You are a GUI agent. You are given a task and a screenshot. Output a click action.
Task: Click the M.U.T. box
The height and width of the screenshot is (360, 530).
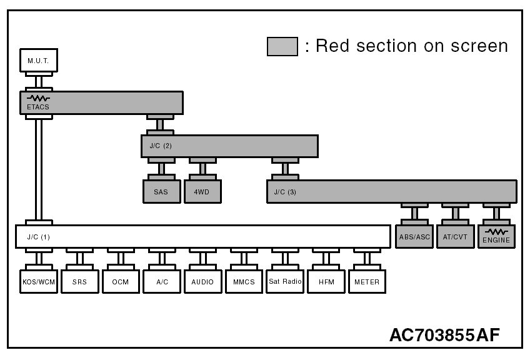pyautogui.click(x=39, y=61)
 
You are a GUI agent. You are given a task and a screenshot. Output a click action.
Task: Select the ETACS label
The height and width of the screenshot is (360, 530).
pyautogui.click(x=38, y=107)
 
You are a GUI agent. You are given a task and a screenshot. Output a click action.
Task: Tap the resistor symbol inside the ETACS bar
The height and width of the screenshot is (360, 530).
pyautogui.click(x=38, y=98)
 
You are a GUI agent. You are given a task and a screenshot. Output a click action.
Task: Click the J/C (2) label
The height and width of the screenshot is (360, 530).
pyautogui.click(x=161, y=146)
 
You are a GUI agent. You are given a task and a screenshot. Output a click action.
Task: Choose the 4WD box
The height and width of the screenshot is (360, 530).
pyautogui.click(x=201, y=192)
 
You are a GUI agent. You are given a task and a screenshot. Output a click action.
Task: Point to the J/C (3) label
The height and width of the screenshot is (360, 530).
pyautogui.click(x=285, y=192)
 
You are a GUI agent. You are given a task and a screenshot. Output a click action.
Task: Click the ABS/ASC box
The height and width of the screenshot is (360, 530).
pyautogui.click(x=414, y=237)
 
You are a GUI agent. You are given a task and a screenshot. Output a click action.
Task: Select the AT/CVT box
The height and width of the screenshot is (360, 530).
pyautogui.click(x=456, y=237)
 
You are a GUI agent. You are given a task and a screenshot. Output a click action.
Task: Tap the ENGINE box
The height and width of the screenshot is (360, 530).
pyautogui.click(x=496, y=237)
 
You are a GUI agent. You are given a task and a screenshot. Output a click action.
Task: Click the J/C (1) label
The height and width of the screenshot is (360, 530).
pyautogui.click(x=38, y=237)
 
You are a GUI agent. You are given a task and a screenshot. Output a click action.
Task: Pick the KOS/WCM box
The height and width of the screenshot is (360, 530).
pyautogui.click(x=39, y=282)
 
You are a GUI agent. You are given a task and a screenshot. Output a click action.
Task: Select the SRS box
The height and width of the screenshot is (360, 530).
pyautogui.click(x=79, y=282)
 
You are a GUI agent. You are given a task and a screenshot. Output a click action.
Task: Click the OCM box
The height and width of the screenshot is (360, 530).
pyautogui.click(x=120, y=282)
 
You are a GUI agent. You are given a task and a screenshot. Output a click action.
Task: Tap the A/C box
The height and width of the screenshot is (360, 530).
pyautogui.click(x=161, y=282)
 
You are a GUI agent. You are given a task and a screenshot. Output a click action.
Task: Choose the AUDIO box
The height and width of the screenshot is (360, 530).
pyautogui.click(x=202, y=282)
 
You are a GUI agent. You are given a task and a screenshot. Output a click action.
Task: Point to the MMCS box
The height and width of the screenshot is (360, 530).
pyautogui.click(x=243, y=282)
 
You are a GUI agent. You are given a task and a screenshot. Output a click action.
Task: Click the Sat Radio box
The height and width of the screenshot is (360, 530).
pyautogui.click(x=285, y=282)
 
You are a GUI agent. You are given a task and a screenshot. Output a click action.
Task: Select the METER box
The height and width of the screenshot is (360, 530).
pyautogui.click(x=367, y=282)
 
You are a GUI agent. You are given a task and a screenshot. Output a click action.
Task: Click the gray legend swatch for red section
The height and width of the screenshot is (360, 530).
pyautogui.click(x=282, y=46)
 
